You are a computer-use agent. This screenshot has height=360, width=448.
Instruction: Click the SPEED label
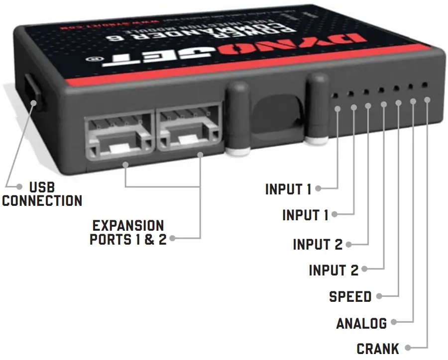[x=350, y=297]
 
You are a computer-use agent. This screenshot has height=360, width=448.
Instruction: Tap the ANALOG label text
[x=361, y=324]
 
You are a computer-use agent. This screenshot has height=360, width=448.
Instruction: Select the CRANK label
[x=377, y=349]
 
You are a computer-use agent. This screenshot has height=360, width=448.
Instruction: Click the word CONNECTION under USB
[x=42, y=201]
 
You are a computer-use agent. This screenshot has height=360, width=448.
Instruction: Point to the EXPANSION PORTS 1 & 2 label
[x=127, y=232]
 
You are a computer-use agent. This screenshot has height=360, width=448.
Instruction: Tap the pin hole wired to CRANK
[x=424, y=85]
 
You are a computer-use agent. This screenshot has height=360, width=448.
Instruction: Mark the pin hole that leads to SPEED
[x=396, y=89]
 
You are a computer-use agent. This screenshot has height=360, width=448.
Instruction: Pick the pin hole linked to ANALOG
[x=410, y=87]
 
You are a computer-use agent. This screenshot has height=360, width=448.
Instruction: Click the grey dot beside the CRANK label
[x=408, y=348]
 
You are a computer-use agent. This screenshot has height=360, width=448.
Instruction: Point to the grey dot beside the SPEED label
[x=379, y=296]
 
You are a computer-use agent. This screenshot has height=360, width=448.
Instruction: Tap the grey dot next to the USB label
[x=19, y=187]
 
